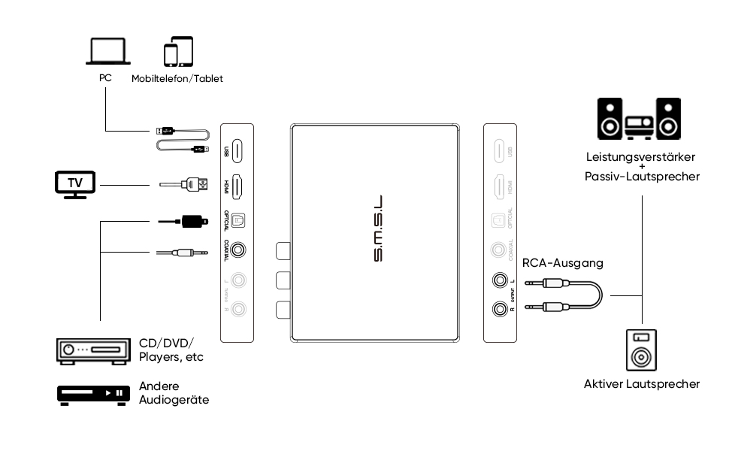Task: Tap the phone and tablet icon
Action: (178, 52)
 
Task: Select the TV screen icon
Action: (76, 183)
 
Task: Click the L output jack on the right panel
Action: (499, 281)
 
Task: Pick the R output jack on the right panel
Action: (499, 307)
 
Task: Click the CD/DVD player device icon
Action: (89, 350)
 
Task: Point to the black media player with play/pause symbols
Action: (89, 393)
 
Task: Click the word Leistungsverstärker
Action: (642, 158)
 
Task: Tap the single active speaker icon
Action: (642, 350)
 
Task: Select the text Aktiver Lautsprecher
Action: (642, 384)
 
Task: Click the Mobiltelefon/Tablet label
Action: (177, 78)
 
